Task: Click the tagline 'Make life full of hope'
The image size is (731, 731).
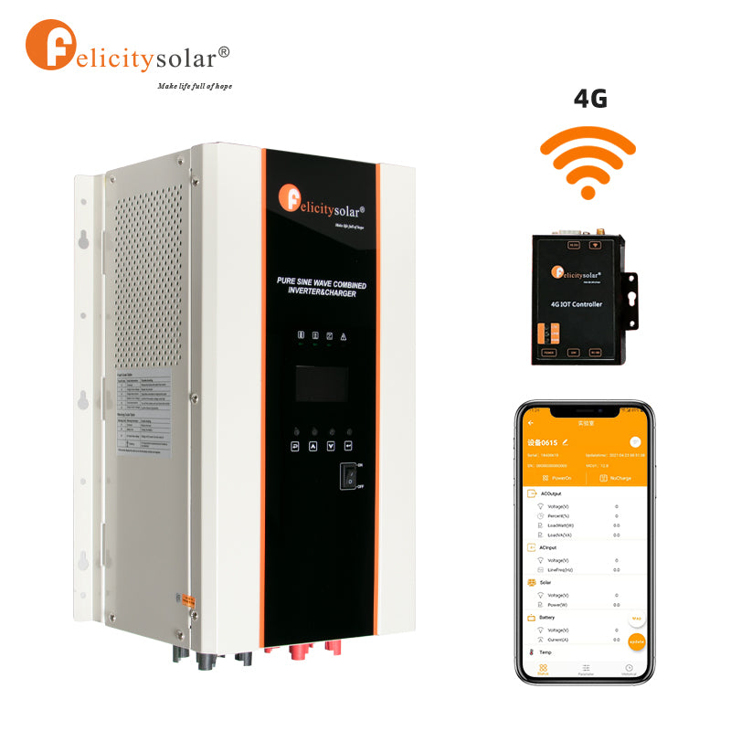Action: click(195, 86)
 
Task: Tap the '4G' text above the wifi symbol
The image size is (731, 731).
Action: click(590, 99)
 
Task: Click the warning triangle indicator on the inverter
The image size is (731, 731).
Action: click(343, 336)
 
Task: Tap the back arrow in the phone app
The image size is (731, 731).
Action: click(531, 423)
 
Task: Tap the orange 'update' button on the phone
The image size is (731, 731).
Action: click(637, 641)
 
